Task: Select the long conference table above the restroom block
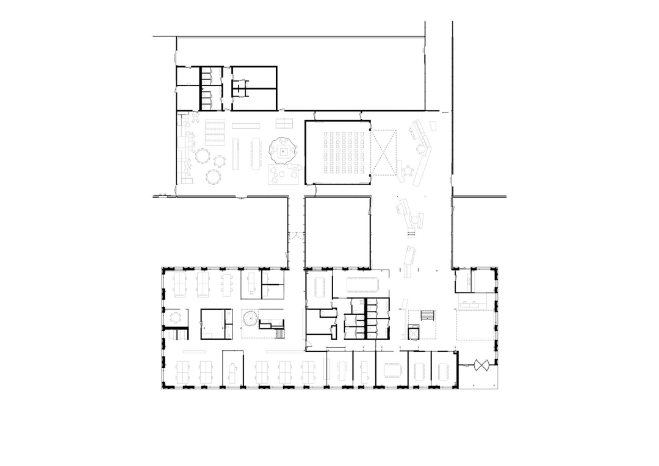tap(362, 285)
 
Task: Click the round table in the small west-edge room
tap(176, 317)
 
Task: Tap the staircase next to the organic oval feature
tap(280, 333)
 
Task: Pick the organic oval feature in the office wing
tap(250, 318)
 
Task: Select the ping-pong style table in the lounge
tap(284, 123)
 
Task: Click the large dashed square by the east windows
tap(474, 325)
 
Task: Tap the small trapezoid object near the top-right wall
tap(433, 126)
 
